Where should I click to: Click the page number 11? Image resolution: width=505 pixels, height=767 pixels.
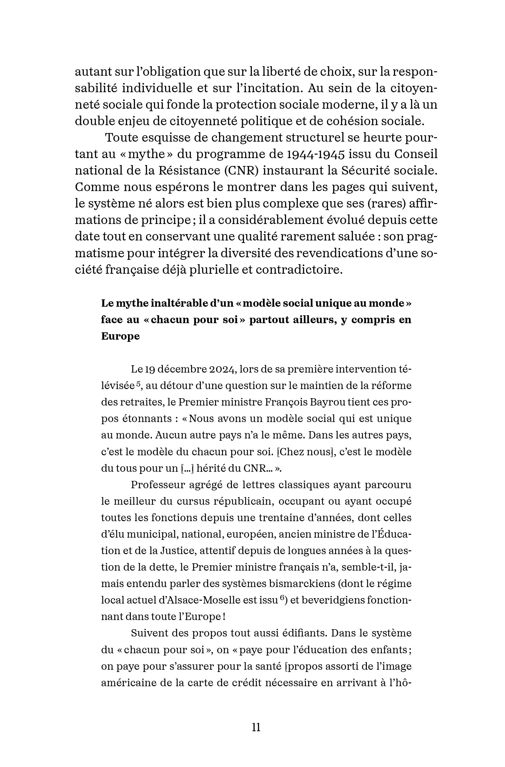pyautogui.click(x=256, y=727)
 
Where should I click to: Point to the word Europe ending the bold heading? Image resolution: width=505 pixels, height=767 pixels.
pyautogui.click(x=120, y=336)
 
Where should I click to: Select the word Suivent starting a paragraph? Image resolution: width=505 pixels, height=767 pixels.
pyautogui.click(x=149, y=633)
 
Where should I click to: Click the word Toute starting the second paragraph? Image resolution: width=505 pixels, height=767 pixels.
pyautogui.click(x=121, y=137)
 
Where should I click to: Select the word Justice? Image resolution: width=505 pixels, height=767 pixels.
pyautogui.click(x=178, y=551)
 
